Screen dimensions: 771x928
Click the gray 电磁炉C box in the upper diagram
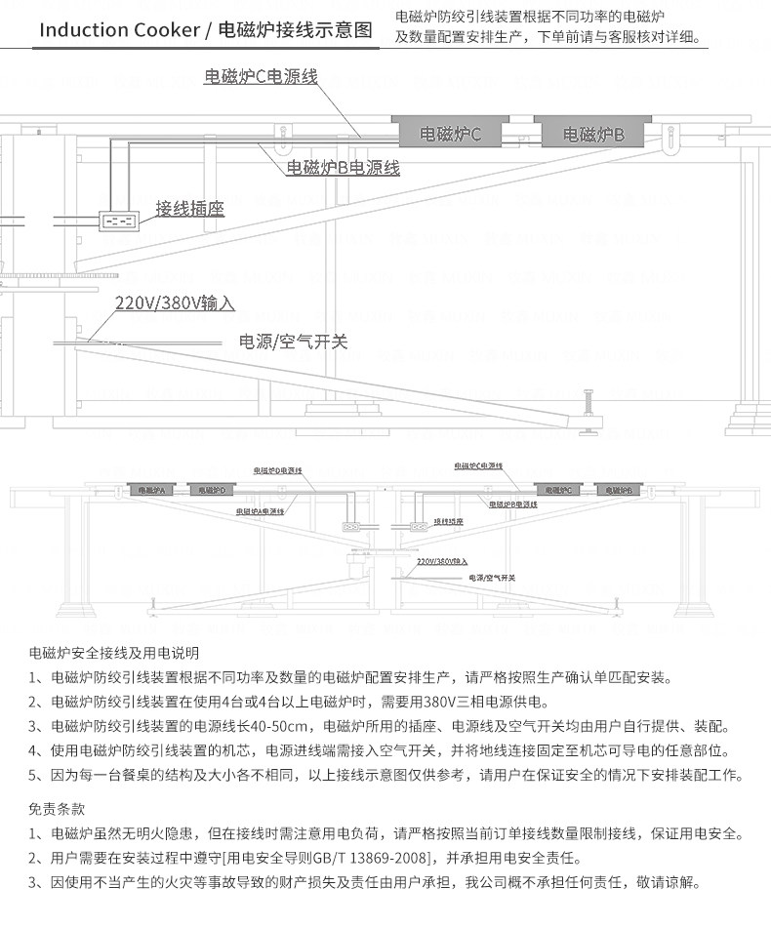click(x=450, y=133)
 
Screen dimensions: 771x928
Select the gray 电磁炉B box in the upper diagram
click(x=592, y=133)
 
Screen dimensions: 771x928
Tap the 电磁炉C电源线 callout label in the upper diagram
click(x=261, y=76)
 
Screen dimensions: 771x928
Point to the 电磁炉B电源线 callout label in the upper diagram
click(x=343, y=168)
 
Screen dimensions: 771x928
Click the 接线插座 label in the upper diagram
click(x=190, y=209)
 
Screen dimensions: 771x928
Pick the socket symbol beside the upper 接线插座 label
click(x=120, y=220)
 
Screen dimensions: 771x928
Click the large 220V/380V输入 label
click(x=175, y=303)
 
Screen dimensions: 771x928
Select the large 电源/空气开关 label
click(x=294, y=342)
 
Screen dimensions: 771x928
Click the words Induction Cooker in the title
click(x=117, y=29)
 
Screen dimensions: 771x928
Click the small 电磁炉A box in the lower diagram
click(x=148, y=489)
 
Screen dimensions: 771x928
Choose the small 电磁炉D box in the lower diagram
click(x=207, y=489)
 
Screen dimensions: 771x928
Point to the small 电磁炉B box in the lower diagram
click(x=618, y=489)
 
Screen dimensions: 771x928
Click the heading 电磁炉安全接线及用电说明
click(x=114, y=652)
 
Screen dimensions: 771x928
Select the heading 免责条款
click(x=58, y=809)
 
